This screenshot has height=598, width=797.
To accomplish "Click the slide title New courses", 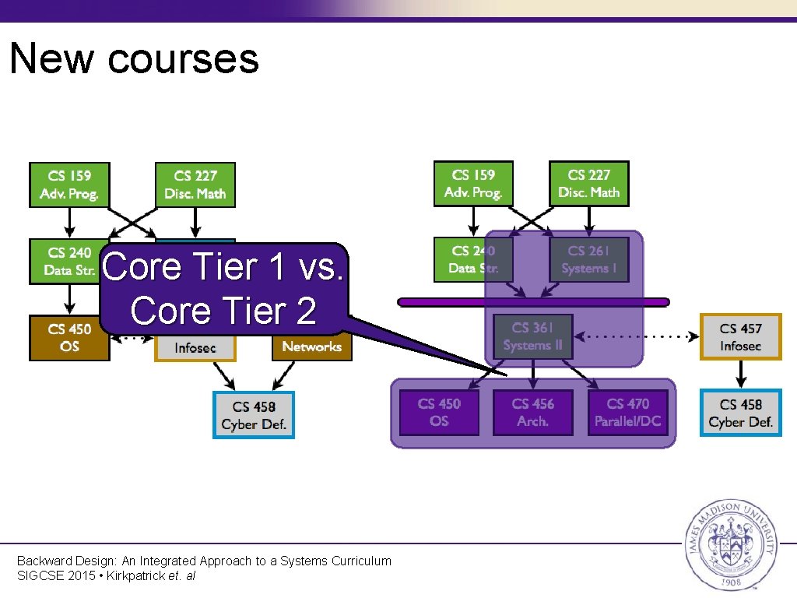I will click(134, 58).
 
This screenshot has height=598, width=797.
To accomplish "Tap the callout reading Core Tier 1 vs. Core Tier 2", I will click(223, 289).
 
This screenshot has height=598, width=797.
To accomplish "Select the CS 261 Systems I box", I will click(588, 260).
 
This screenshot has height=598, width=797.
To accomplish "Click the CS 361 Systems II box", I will click(532, 336).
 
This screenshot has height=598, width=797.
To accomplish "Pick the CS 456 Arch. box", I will click(533, 413).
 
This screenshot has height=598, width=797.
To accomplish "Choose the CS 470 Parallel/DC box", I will click(627, 413).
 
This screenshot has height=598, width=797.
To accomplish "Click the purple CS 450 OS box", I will click(439, 413).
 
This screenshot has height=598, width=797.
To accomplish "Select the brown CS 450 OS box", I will click(69, 337).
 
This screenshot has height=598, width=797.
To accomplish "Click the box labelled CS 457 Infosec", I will click(740, 336).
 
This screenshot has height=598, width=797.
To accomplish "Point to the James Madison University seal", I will click(729, 543).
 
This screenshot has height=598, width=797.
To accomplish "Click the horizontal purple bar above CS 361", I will click(533, 302).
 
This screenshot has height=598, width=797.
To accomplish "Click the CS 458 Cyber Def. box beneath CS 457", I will click(740, 413).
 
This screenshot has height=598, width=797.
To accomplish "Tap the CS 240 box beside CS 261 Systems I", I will click(473, 260).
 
